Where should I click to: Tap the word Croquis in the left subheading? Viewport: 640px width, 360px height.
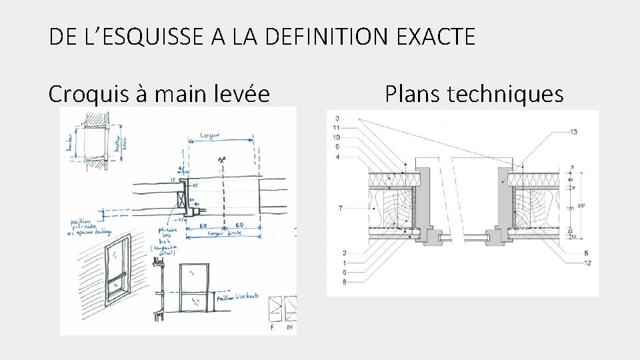(x=91, y=95)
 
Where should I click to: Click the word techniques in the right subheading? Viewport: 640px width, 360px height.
(x=505, y=95)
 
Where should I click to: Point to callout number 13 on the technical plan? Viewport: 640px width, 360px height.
(x=574, y=132)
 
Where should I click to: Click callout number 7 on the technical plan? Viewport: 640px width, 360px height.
(x=341, y=209)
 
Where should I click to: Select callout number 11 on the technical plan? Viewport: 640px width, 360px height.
(x=337, y=127)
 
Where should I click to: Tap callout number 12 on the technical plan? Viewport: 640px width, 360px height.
(x=586, y=263)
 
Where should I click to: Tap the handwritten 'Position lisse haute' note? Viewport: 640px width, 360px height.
(x=237, y=297)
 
